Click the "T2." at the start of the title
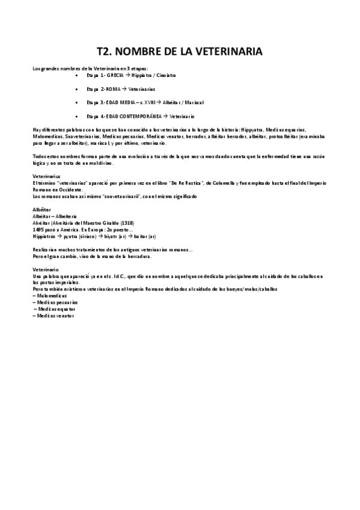pyautogui.click(x=107, y=52)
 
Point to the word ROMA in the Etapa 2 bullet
pyautogui.click(x=113, y=89)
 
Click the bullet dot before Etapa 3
pyautogui.click(x=79, y=102)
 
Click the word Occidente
pyautogui.click(x=68, y=189)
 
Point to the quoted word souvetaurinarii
pyautogui.click(x=118, y=197)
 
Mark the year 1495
pyautogui.click(x=38, y=229)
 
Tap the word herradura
pyautogui.click(x=138, y=256)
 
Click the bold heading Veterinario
pyautogui.click(x=45, y=269)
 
